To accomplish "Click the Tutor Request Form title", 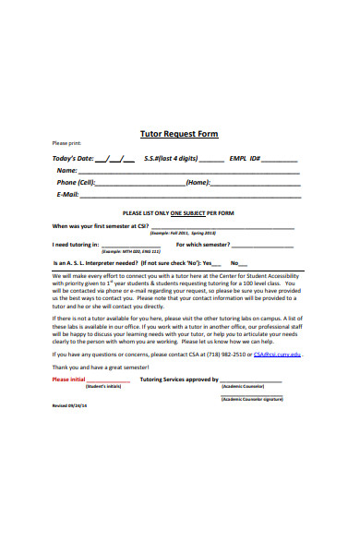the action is tap(179, 134).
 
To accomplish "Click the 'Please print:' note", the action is tap(67, 144).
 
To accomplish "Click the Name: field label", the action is tap(66, 170).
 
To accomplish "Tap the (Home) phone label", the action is tap(198, 182).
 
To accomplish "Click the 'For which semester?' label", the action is tap(202, 245).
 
